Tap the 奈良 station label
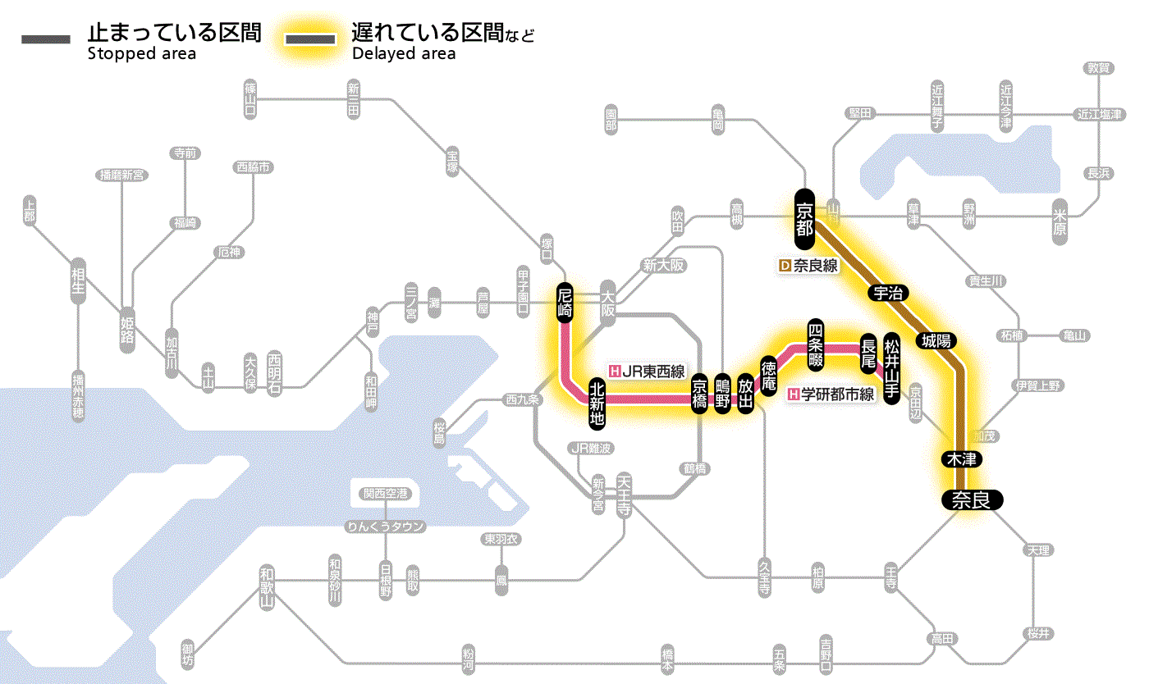pos(971,499)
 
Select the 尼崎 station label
pos(565,303)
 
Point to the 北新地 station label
pos(597,403)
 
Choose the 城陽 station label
pos(936,340)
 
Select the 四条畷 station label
pos(815,344)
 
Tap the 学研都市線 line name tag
pos(831,394)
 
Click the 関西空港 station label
pos(386,494)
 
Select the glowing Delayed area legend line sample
pos(310,39)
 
